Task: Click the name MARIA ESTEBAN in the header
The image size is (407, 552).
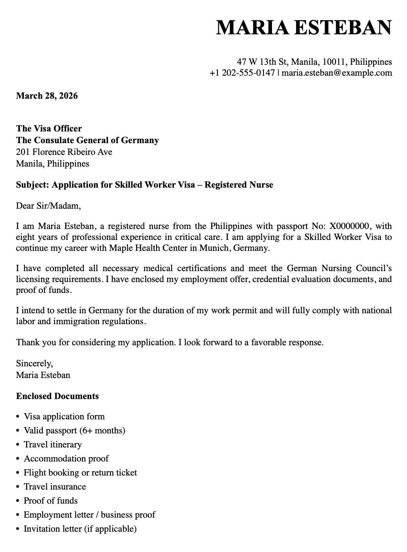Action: click(304, 28)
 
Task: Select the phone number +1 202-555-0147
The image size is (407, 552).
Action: click(242, 73)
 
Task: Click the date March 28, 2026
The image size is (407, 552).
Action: click(47, 96)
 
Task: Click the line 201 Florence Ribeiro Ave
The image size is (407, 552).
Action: click(64, 152)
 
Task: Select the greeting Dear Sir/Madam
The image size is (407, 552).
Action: click(48, 205)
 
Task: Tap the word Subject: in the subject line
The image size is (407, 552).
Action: click(32, 185)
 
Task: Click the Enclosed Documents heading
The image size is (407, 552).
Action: click(57, 396)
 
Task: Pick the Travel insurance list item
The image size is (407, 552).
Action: click(55, 486)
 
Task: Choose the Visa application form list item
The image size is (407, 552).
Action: click(64, 416)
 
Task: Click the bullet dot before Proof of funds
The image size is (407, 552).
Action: click(18, 501)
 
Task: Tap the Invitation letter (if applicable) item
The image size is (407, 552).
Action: click(80, 529)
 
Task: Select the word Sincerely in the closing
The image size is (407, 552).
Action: click(34, 363)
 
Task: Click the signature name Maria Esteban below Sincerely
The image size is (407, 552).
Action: click(43, 375)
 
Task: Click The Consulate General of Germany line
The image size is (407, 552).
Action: click(87, 140)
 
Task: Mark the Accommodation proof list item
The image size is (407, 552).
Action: click(66, 458)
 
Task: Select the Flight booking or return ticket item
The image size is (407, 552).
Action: click(80, 472)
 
